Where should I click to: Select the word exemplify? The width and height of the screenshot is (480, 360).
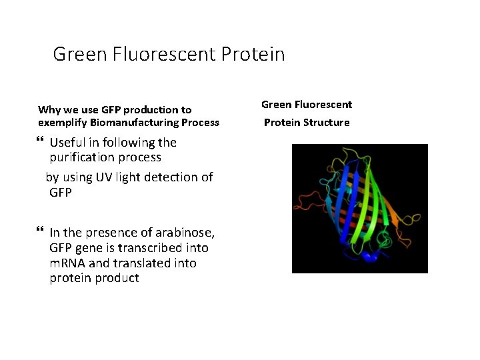point(61,123)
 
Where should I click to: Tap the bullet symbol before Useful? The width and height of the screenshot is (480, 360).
point(41,141)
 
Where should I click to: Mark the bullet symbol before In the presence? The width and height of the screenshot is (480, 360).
point(41,231)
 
